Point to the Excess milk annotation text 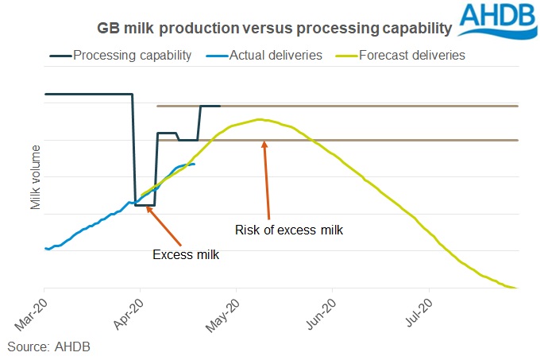tap(186, 255)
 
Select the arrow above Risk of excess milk tap(268, 179)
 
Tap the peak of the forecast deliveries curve tap(259, 119)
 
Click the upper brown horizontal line tap(357, 106)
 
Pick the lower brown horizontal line tap(397, 140)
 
